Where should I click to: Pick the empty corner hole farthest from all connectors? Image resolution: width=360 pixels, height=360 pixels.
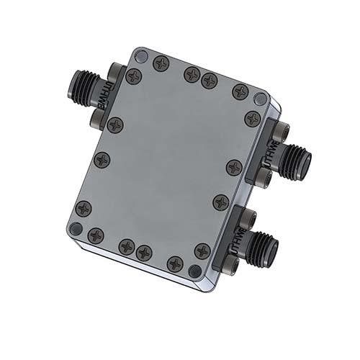(x=74, y=228)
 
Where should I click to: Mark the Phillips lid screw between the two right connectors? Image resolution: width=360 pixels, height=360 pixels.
(x=221, y=202)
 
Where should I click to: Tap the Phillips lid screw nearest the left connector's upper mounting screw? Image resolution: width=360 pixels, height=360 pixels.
(x=133, y=76)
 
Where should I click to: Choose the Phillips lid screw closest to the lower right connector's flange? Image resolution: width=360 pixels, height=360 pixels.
(x=202, y=251)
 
